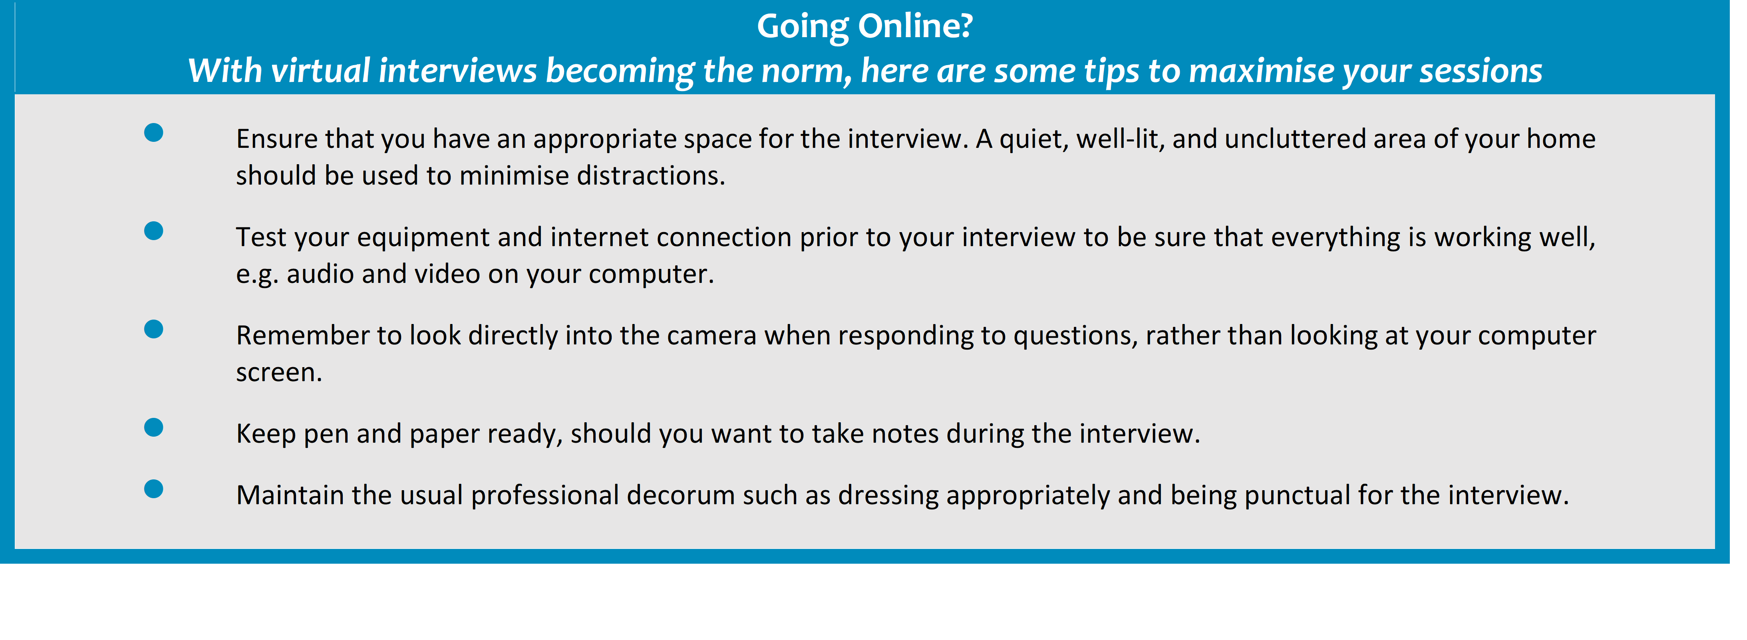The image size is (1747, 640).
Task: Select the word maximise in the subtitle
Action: [1262, 70]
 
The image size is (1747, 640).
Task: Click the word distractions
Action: [651, 176]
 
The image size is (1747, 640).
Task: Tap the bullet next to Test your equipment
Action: [154, 231]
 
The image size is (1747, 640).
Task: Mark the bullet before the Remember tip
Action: [154, 330]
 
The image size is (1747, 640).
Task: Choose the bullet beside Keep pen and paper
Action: [154, 427]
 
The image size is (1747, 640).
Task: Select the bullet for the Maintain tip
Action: [154, 489]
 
